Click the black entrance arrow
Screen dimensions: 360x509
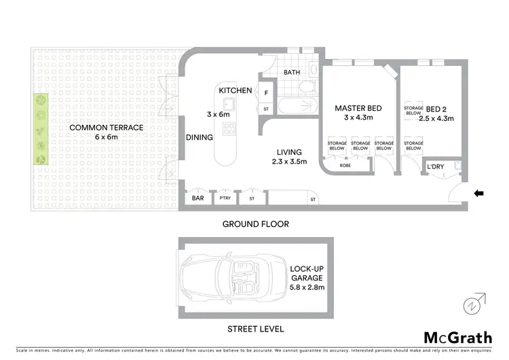tap(478, 194)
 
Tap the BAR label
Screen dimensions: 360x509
tap(198, 199)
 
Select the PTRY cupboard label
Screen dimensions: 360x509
tap(224, 199)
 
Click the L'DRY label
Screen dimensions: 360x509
tap(435, 168)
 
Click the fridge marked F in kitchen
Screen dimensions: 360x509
tap(266, 92)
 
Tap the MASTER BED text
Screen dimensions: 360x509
tap(358, 108)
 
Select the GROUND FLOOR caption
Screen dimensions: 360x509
tap(256, 223)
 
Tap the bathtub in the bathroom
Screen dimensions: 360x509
tap(288, 107)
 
